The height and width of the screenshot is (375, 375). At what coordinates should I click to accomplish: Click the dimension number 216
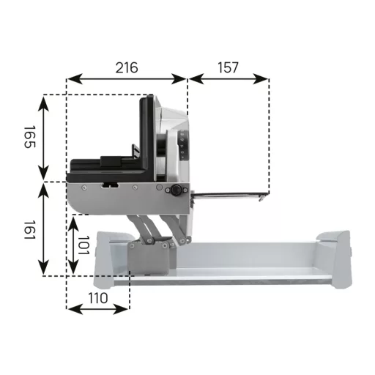pos(127,67)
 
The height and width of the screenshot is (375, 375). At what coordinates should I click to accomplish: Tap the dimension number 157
pos(228,67)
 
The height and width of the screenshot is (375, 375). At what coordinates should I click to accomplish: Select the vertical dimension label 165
pos(30,137)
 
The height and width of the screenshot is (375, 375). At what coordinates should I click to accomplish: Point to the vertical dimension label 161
pos(30,230)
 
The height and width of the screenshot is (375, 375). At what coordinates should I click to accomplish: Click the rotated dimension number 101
pos(83,245)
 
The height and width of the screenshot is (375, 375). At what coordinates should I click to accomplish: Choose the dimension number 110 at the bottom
pos(97,298)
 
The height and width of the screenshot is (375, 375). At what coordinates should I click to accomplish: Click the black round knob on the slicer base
pos(176,190)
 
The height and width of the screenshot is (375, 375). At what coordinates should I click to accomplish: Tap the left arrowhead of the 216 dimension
pos(75,79)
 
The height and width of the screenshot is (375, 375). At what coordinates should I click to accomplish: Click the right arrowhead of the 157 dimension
pos(261,79)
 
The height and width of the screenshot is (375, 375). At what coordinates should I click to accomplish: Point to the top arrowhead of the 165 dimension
pos(44,103)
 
